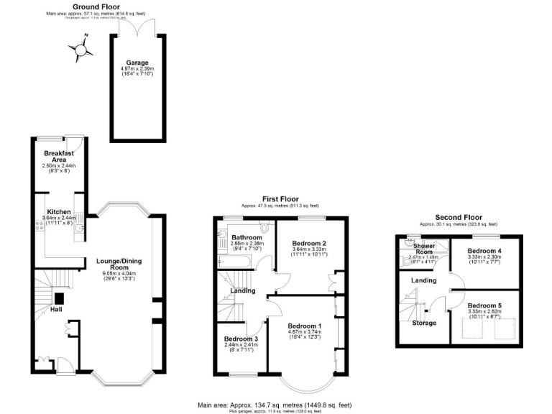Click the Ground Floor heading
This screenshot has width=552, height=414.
coord(96,6)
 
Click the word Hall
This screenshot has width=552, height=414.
coord(55,309)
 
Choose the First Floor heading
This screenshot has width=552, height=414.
coord(280,199)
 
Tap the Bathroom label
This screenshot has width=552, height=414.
coord(247,236)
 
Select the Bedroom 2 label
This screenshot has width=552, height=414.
coord(309,242)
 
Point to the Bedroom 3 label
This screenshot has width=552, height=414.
coord(241,339)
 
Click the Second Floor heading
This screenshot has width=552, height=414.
coord(458,217)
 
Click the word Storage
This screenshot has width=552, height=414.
coord(424,323)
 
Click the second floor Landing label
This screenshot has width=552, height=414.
coord(423,280)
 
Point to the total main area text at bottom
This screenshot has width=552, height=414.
coord(285,405)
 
